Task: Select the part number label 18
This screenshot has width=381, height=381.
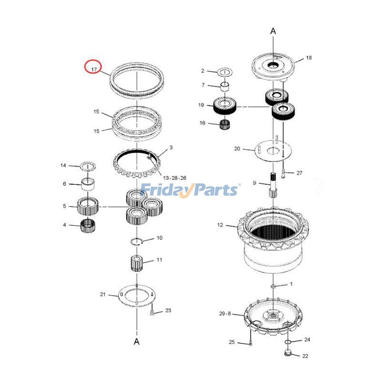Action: tap(309, 58)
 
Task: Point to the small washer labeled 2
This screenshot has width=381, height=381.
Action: tap(224, 72)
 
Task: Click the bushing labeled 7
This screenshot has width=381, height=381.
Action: tap(225, 87)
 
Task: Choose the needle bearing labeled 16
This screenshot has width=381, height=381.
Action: tap(225, 124)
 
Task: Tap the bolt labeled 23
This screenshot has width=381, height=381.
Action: tap(152, 312)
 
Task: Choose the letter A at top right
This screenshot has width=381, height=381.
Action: tap(273, 31)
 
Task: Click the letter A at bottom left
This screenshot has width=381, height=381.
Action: tap(137, 341)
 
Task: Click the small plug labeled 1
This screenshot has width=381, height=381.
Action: tap(273, 285)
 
